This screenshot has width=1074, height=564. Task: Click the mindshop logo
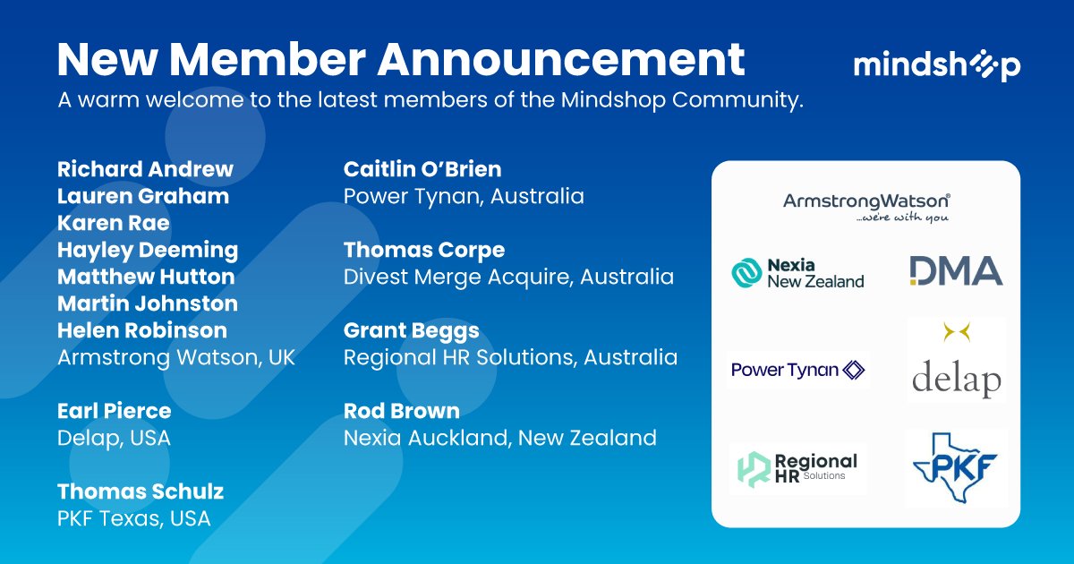click(x=936, y=66)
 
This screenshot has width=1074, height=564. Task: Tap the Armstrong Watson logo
click(x=865, y=207)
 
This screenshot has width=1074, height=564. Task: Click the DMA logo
click(x=955, y=270)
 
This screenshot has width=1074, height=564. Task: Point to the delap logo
click(x=956, y=363)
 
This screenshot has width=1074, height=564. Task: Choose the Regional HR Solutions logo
click(x=797, y=468)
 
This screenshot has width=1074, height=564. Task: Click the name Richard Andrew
click(x=145, y=169)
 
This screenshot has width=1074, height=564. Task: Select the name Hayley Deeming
click(x=148, y=250)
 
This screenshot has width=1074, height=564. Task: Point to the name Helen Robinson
click(x=142, y=330)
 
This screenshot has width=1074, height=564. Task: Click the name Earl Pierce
click(x=114, y=411)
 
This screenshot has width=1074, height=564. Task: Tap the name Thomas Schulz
click(x=141, y=491)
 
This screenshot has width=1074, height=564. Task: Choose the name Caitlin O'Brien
click(x=422, y=169)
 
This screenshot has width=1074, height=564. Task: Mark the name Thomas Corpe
click(x=424, y=250)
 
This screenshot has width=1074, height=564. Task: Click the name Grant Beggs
click(x=412, y=330)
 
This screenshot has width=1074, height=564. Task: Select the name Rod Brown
click(x=402, y=411)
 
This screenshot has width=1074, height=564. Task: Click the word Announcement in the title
click(x=561, y=59)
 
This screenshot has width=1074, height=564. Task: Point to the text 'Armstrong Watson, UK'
click(x=176, y=357)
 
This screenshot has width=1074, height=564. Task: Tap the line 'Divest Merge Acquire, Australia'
click(x=508, y=277)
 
